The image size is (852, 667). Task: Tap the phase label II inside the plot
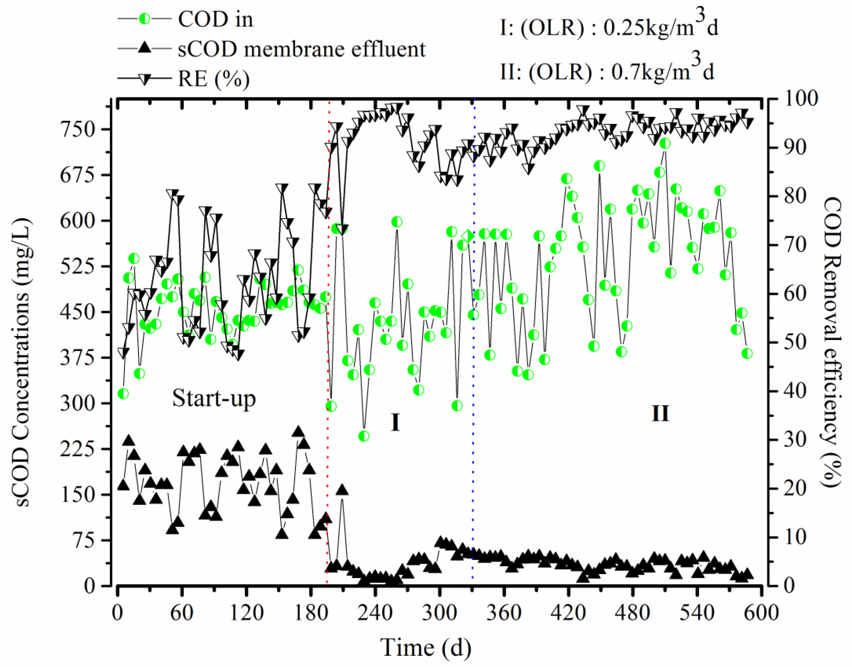(660, 413)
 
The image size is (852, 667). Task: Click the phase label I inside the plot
(395, 423)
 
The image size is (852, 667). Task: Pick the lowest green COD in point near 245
(364, 436)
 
